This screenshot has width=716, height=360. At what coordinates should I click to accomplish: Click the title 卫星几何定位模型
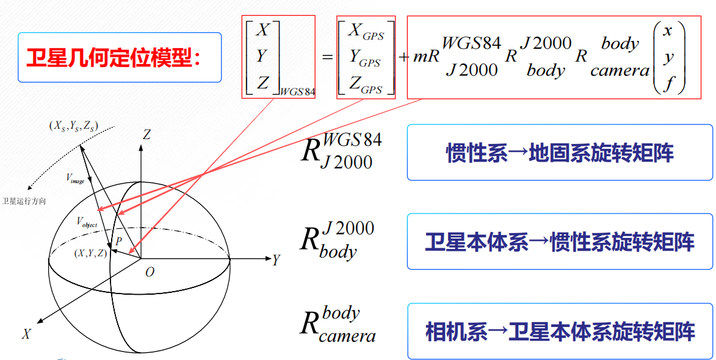(x=114, y=58)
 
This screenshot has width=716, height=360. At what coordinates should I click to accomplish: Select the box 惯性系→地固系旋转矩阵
(x=559, y=153)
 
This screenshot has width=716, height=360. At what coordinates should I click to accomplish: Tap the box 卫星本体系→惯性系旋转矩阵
(x=559, y=242)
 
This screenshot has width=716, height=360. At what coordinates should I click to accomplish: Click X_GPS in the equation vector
(x=365, y=32)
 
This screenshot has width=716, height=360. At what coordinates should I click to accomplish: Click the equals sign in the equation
(x=327, y=57)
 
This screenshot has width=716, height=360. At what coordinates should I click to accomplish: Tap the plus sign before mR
(x=403, y=57)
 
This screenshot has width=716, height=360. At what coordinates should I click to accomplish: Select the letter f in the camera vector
(x=669, y=83)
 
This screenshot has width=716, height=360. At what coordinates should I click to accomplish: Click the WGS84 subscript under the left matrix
(x=298, y=92)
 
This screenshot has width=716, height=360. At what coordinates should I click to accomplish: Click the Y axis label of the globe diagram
(x=276, y=261)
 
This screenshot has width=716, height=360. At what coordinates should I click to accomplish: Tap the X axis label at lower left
(x=26, y=334)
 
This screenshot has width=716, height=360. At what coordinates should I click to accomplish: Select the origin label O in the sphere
(x=150, y=272)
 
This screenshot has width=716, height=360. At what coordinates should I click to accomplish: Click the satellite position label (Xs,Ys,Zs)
(x=74, y=126)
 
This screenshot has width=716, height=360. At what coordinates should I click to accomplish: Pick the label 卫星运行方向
(x=24, y=201)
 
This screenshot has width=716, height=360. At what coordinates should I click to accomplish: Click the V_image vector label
(x=74, y=178)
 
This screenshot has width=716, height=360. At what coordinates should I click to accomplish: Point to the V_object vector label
(x=87, y=222)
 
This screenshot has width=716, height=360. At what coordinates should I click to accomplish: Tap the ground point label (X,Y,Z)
(x=90, y=253)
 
